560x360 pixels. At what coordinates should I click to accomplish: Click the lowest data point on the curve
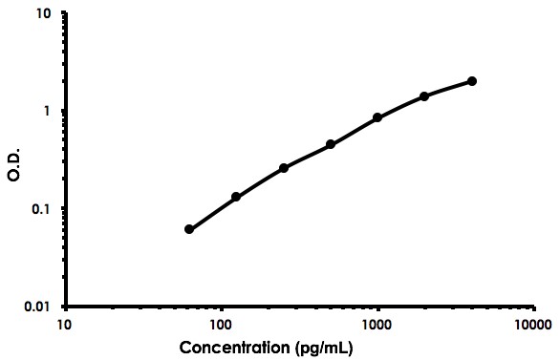(x=189, y=229)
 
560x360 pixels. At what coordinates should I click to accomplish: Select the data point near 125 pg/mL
(x=236, y=197)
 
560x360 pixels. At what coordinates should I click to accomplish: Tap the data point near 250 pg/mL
(x=284, y=168)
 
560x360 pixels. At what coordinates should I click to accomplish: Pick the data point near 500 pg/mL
(x=331, y=144)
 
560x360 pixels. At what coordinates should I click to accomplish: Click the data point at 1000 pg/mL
(x=377, y=117)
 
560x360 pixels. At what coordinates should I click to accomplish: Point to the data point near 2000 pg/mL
(x=424, y=96)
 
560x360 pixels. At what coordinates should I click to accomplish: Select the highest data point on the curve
(x=472, y=81)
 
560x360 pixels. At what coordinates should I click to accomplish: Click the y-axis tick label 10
(x=44, y=14)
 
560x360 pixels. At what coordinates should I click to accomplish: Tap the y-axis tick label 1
(x=48, y=112)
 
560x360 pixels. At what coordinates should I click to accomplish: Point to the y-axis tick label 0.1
(x=42, y=209)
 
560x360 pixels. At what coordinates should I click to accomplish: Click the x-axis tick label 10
(x=65, y=324)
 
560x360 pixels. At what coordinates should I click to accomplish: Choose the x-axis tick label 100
(x=222, y=324)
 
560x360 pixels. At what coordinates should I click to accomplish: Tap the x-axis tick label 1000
(x=378, y=324)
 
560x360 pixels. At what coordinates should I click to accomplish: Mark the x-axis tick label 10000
(x=533, y=324)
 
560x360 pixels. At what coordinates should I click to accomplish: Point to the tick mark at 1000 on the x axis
(x=378, y=309)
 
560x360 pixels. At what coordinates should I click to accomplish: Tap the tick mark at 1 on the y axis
(x=62, y=111)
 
